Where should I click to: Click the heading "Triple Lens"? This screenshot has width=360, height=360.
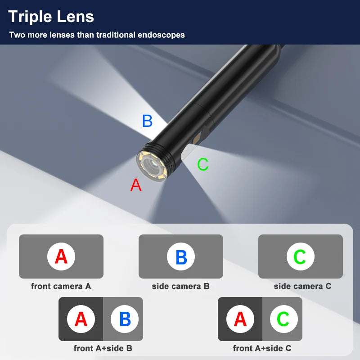51,17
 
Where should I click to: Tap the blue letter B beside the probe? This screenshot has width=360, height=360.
147,121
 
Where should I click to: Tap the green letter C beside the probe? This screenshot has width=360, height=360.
203,165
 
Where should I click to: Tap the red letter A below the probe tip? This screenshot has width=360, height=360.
136,185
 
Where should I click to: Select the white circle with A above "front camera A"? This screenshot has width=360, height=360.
61,256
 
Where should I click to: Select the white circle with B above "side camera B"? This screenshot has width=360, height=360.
181,256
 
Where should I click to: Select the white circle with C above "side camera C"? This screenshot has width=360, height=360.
300,256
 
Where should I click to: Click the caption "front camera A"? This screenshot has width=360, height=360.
61,286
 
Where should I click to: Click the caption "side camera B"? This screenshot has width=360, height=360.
180,286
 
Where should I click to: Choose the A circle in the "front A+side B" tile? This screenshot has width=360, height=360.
81,319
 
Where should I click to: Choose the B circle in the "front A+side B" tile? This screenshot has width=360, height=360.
125,319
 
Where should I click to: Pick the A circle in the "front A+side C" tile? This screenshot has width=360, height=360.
240,319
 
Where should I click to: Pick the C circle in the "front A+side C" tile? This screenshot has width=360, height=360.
283,319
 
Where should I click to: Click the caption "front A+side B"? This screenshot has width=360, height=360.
103,348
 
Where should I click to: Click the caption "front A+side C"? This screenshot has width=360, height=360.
262,348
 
